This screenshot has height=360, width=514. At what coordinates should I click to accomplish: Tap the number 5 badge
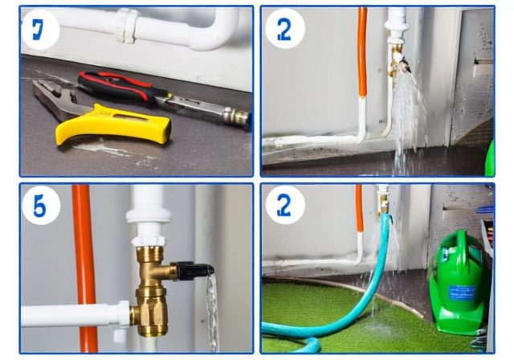40,207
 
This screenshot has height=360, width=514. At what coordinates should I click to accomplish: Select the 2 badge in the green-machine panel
285,207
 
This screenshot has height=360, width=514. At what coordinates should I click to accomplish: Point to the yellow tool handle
120,122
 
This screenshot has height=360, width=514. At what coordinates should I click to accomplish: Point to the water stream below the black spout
211,313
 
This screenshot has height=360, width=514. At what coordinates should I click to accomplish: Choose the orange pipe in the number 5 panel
84,265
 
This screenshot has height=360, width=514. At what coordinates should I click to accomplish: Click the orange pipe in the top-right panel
362,56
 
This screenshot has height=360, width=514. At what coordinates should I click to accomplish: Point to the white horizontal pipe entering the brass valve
72,314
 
